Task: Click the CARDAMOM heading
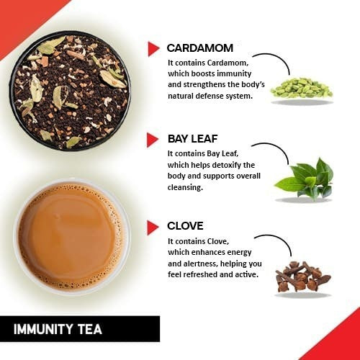pyautogui.click(x=200, y=48)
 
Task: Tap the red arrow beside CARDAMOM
pyautogui.click(x=153, y=48)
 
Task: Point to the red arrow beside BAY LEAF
pyautogui.click(x=153, y=138)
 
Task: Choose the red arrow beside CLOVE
pyautogui.click(x=153, y=228)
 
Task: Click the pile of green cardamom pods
pyautogui.click(x=301, y=86)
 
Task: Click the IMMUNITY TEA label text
pyautogui.click(x=58, y=330)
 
